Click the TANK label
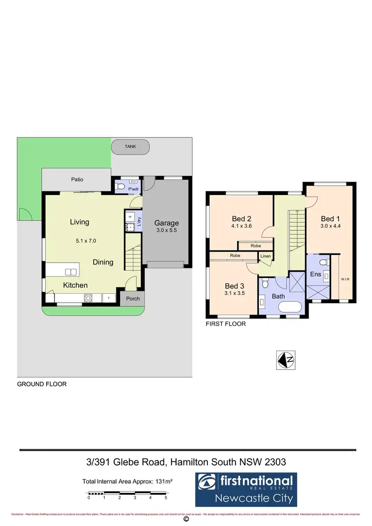point(130,147)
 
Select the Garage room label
point(166,223)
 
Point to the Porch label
point(132,299)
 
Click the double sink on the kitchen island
point(71,271)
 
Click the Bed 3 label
point(235,286)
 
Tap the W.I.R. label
point(345,279)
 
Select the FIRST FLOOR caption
point(226,324)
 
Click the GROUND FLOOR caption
point(42,384)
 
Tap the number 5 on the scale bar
point(166,497)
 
